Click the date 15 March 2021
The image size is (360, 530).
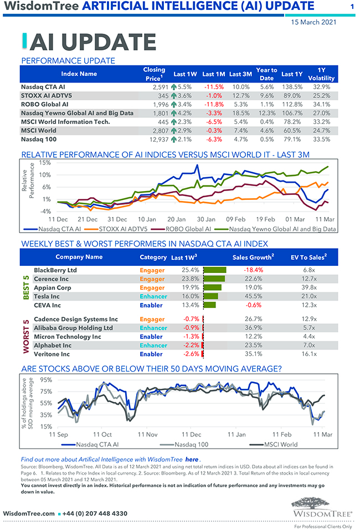click(313, 22)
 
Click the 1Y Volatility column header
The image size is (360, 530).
click(321, 74)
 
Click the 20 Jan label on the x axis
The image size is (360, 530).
click(176, 219)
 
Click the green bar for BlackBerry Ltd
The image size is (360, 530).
click(215, 270)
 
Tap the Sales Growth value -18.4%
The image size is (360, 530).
click(253, 270)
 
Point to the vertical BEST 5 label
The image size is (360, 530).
click(25, 287)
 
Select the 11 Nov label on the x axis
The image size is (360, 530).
click(147, 435)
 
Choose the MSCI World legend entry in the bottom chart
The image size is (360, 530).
click(280, 444)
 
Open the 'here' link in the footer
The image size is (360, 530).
click(192, 460)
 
